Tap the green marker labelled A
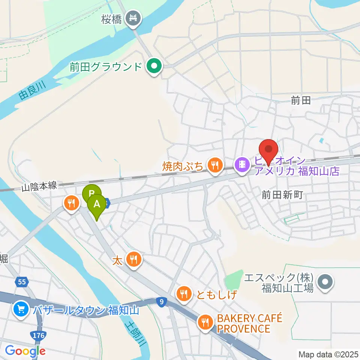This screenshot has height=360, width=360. click(97, 205)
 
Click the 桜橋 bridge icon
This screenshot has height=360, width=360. click(132, 17)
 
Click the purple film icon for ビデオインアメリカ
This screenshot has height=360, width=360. click(243, 164)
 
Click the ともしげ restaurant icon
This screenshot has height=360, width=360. click(183, 294)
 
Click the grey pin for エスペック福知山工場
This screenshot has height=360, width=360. click(325, 282)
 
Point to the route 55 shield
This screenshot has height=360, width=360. click(21, 281)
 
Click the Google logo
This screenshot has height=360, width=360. click(25, 351)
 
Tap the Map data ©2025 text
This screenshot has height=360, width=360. click(328, 354)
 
